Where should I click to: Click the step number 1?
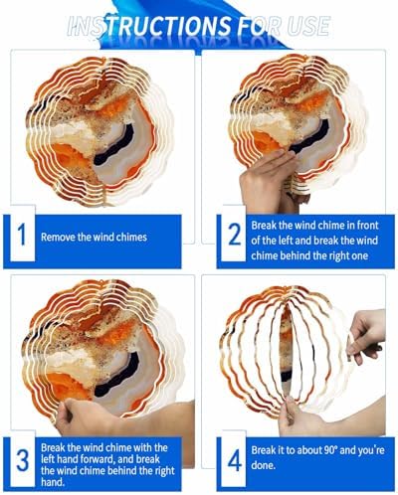(22, 235)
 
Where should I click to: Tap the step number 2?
(235, 235)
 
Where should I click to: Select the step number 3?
(23, 461)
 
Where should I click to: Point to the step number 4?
(235, 461)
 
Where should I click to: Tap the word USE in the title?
(307, 26)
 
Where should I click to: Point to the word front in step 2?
(368, 226)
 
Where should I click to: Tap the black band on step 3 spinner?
(116, 374)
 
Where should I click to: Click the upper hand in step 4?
(367, 336)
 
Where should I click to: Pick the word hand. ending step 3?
(53, 482)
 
